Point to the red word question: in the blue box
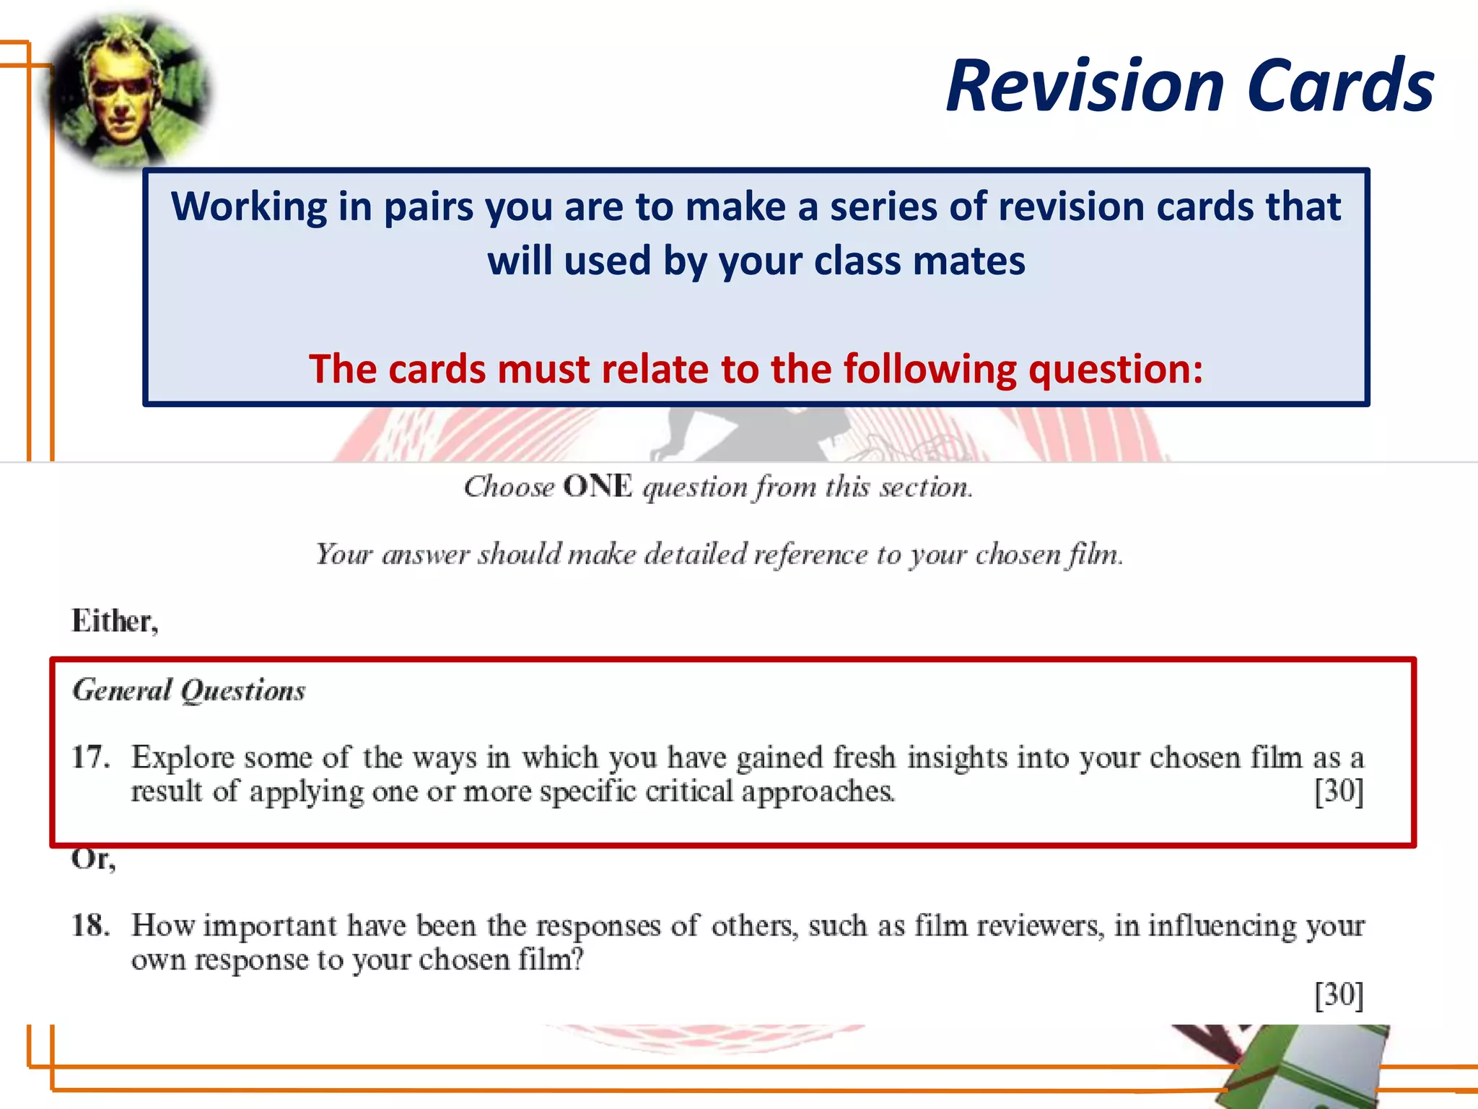pos(1116,370)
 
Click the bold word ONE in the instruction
pos(598,487)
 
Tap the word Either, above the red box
pos(115,622)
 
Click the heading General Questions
pos(189,691)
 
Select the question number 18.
pos(91,926)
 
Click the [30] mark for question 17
pos(1339,791)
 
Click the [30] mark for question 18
pos(1339,995)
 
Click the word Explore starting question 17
pos(183,758)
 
